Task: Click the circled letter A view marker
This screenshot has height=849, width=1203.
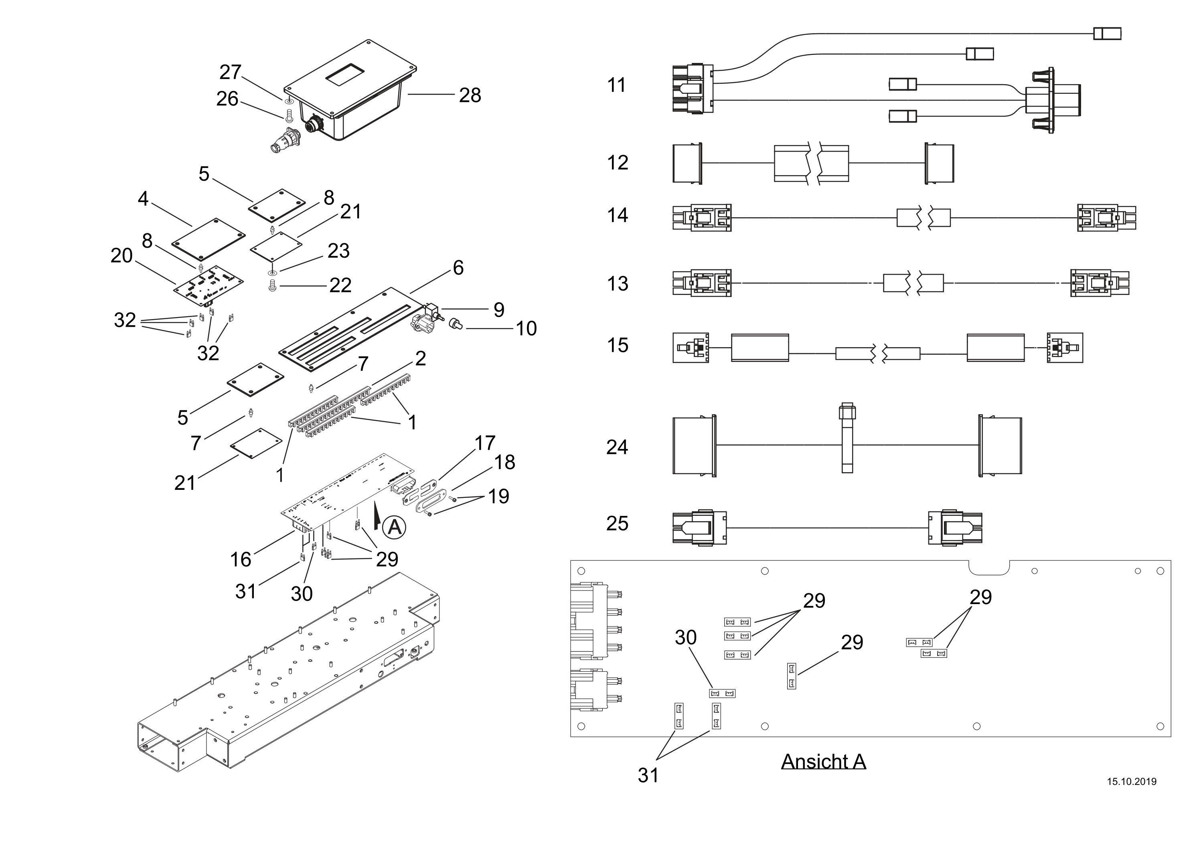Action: click(x=394, y=527)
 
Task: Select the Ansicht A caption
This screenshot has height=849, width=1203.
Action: click(x=823, y=761)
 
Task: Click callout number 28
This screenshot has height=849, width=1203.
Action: click(x=470, y=95)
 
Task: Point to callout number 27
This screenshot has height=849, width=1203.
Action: click(x=230, y=72)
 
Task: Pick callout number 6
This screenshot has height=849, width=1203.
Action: click(x=458, y=268)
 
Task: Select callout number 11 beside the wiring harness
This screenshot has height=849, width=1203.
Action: click(x=616, y=85)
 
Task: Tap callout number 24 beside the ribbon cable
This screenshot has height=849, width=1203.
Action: click(x=617, y=447)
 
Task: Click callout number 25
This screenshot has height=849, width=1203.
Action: click(x=617, y=523)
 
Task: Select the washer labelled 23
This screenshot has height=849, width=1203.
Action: click(x=272, y=272)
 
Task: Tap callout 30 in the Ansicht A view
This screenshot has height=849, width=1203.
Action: click(x=685, y=637)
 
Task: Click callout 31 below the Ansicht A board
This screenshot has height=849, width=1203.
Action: click(x=648, y=775)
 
